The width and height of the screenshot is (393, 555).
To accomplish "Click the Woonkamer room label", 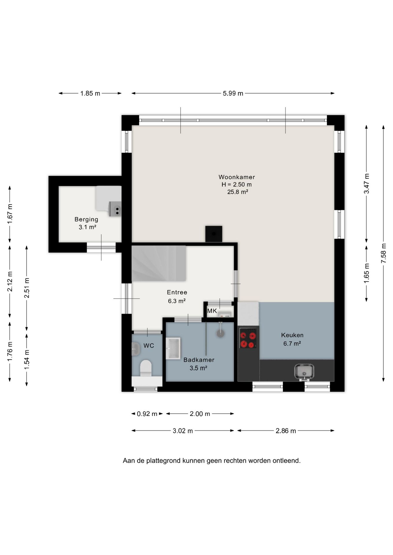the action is click(236, 177).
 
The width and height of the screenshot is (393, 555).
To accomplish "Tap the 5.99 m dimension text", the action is click(233, 93).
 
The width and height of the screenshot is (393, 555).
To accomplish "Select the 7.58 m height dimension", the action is click(383, 253).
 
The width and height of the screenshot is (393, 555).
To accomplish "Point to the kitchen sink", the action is click(304, 372).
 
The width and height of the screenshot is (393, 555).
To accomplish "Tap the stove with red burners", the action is click(248, 338).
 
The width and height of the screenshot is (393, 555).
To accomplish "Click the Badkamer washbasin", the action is click(173, 348).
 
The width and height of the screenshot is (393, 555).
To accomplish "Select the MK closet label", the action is click(212, 311).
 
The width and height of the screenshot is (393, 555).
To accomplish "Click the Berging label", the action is click(86, 219).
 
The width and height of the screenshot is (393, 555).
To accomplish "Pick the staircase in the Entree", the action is click(159, 263).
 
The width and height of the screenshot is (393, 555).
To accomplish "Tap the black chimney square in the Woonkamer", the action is click(214, 234).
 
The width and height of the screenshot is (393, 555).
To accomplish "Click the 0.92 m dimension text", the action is click(147, 414).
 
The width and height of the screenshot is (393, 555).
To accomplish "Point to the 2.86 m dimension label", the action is click(286, 431).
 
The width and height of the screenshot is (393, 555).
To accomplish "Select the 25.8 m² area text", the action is click(238, 192).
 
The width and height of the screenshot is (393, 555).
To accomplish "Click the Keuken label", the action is click(292, 335).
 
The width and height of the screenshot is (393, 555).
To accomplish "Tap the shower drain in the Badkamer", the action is click(221, 333).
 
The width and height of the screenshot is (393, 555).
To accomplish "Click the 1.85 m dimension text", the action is click(90, 93).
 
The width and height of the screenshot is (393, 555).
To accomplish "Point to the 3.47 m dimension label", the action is click(367, 184).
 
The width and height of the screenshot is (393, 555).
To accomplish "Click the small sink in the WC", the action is click(136, 349).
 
